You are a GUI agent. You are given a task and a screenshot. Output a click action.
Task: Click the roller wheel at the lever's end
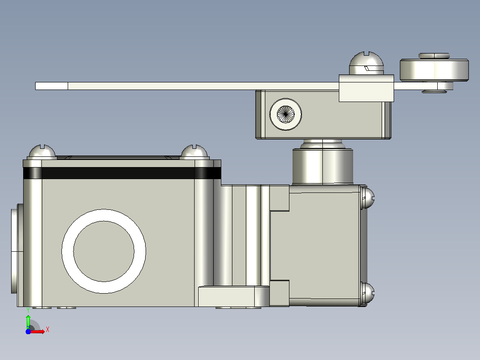[x=434, y=70]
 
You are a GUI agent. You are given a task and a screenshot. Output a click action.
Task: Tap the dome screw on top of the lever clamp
[x=366, y=63]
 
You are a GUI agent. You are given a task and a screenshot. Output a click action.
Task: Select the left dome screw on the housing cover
[x=42, y=152]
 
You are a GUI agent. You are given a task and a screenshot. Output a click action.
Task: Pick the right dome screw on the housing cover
[x=195, y=152]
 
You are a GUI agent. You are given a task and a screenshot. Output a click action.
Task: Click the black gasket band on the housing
[x=122, y=173]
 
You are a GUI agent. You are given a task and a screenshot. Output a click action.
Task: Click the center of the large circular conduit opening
[x=104, y=251]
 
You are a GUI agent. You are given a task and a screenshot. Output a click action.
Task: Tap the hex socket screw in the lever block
[x=285, y=114]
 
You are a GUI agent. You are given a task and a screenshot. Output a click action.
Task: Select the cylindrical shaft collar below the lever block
[x=323, y=166]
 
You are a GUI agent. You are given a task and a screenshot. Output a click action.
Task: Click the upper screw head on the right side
[x=367, y=198]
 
